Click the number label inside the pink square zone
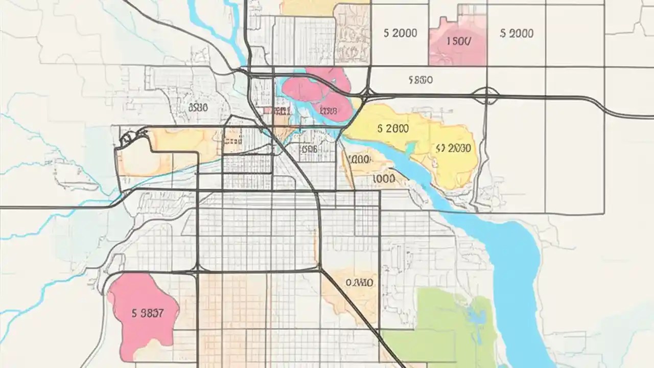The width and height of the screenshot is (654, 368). click(458, 41)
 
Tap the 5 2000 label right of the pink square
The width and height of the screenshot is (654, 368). click(517, 33)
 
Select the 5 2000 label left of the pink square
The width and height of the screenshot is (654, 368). click(400, 33)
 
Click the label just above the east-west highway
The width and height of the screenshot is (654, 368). click(421, 80)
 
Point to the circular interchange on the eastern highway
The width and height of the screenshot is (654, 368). click(485, 96)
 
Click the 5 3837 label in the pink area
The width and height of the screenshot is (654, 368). click(147, 314)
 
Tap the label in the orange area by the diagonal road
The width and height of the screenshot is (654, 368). click(359, 283)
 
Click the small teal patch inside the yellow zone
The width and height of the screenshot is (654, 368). click(410, 148)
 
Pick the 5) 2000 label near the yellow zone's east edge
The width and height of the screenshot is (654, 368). click(454, 148)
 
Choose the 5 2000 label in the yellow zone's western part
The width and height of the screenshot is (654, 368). click(393, 128)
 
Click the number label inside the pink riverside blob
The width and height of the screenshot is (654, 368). click(328, 110)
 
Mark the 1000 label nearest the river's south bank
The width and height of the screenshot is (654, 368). click(384, 179)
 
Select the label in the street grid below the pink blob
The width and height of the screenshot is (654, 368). click(310, 149)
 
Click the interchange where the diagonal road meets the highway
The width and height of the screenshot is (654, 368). click(366, 96)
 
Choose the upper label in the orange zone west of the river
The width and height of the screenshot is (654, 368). click(358, 159)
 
